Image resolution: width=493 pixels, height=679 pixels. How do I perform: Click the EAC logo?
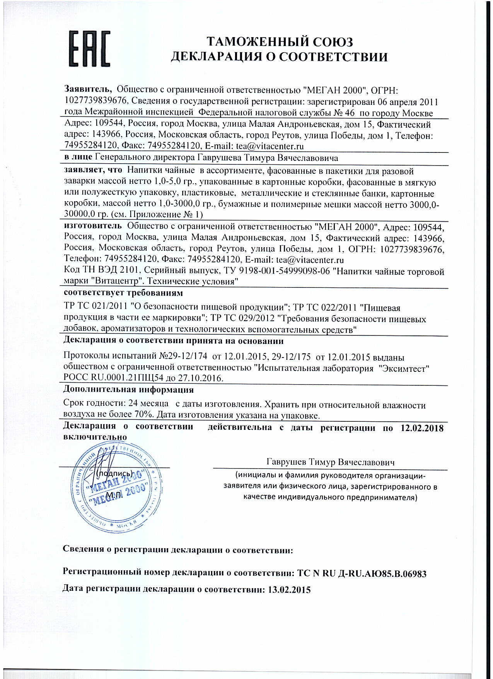(89, 50)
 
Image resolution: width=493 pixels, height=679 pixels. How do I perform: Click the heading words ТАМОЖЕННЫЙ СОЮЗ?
(280, 42)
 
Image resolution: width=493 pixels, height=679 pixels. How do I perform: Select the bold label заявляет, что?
(93, 170)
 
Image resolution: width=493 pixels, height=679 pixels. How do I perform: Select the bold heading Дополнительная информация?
(128, 390)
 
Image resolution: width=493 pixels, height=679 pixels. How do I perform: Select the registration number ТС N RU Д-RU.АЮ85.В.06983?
(362, 573)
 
